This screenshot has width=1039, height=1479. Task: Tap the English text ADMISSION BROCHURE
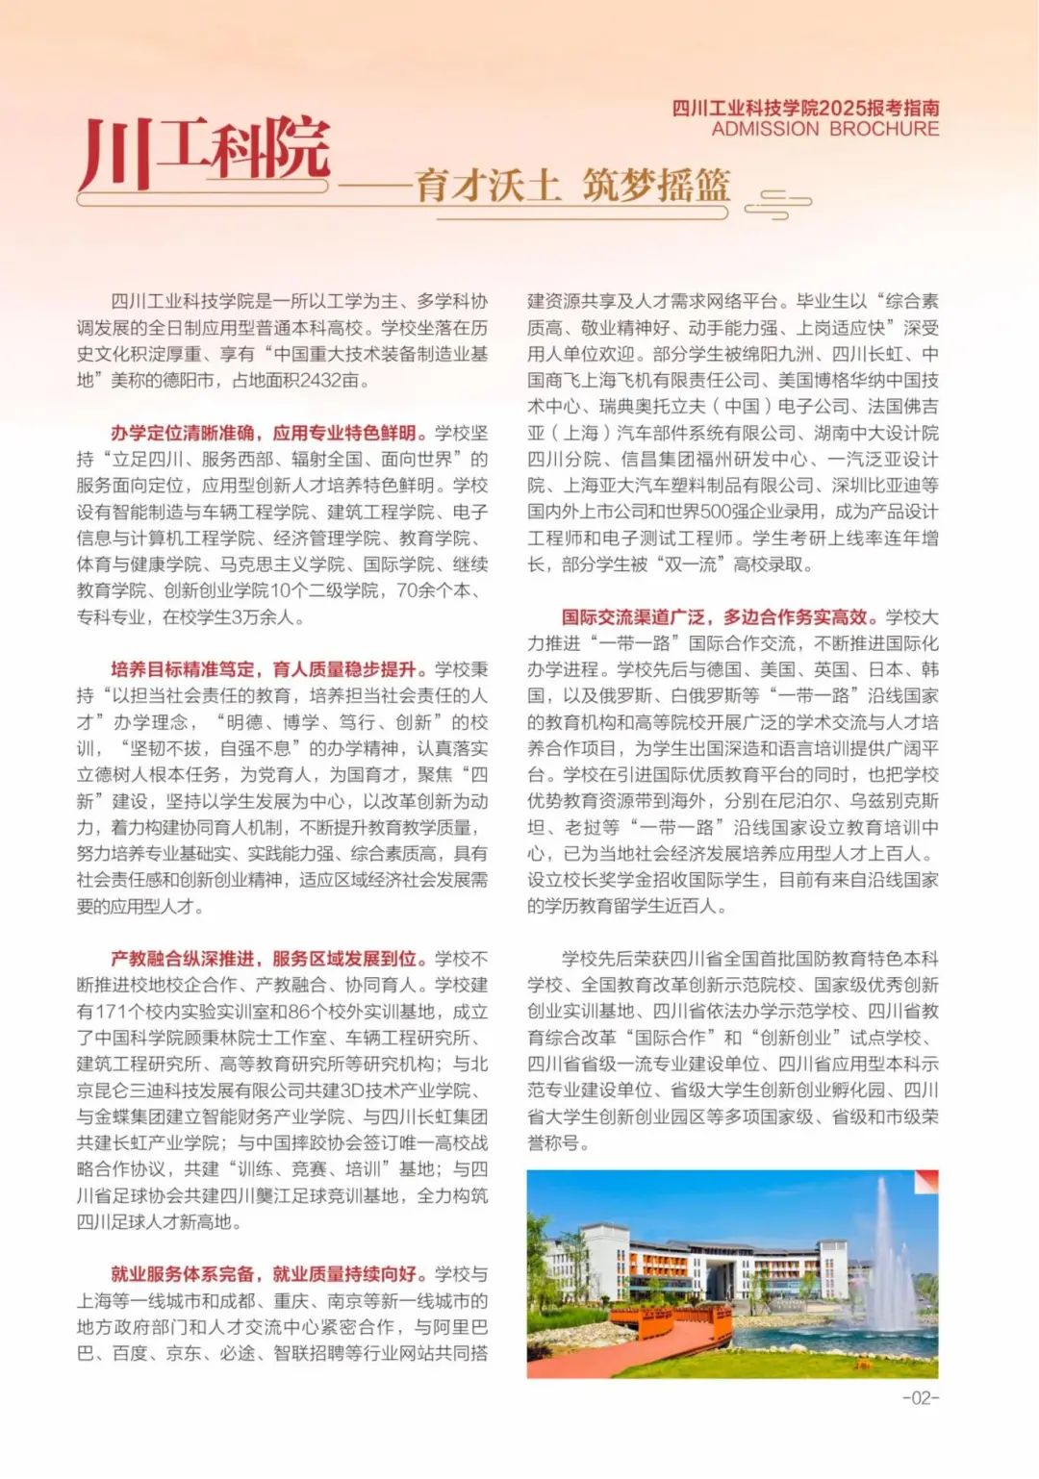[x=824, y=129]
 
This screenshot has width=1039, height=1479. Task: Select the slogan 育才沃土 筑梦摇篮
[x=572, y=186]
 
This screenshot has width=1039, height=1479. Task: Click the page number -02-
[x=920, y=1397]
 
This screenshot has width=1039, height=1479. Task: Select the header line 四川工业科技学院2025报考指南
[x=805, y=108]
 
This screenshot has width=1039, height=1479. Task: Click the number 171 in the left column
[x=112, y=1012]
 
